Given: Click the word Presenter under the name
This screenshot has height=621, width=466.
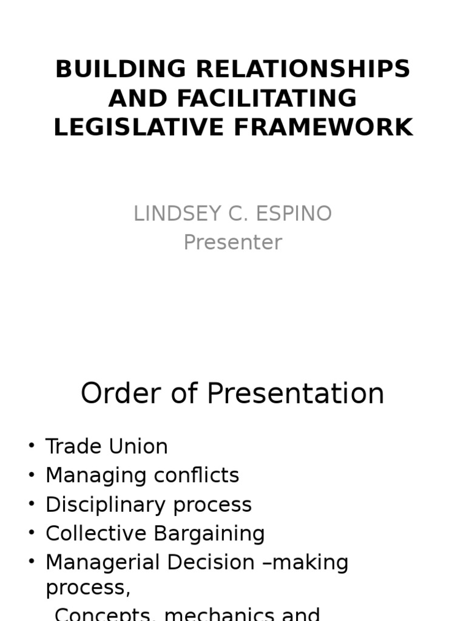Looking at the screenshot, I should tap(233, 243).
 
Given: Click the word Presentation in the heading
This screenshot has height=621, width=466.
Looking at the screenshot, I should tap(295, 394).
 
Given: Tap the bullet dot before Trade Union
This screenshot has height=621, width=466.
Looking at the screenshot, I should tap(32, 446).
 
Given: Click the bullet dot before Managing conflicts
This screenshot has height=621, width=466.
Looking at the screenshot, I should tap(32, 475).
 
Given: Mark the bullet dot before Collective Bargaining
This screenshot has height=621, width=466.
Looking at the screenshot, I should tap(32, 533).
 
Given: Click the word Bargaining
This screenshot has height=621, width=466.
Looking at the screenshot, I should tap(209, 534).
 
